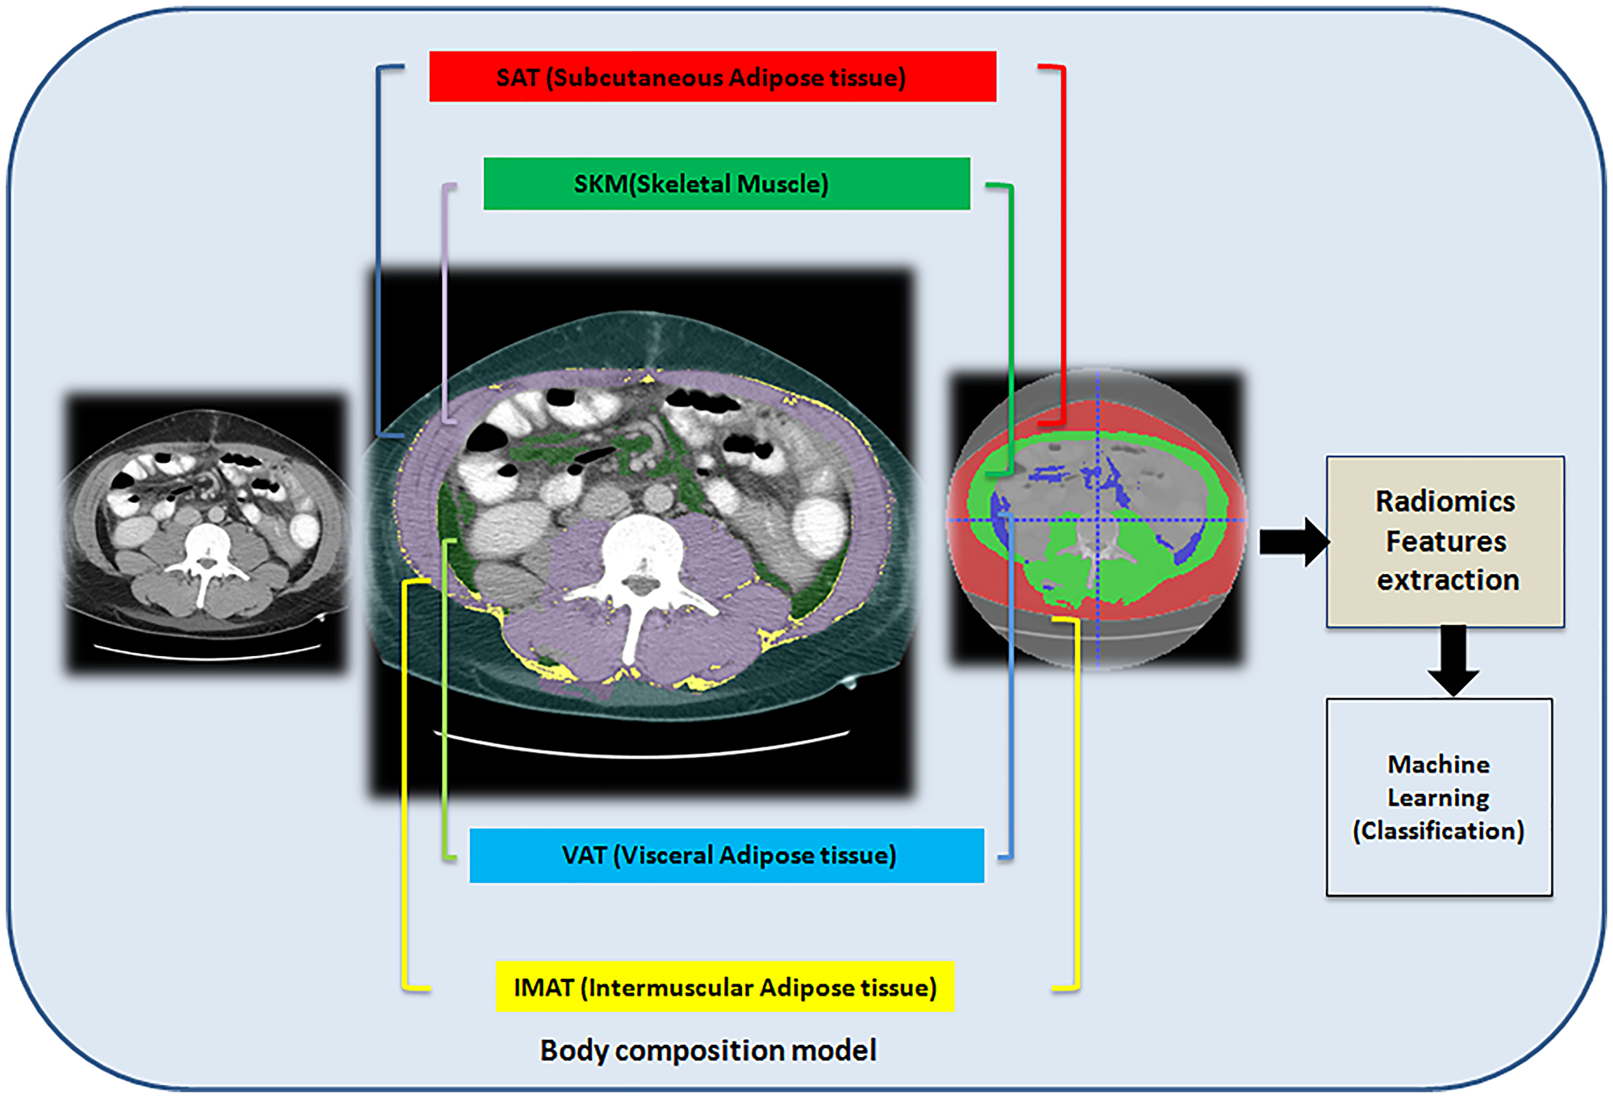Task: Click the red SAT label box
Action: click(x=712, y=77)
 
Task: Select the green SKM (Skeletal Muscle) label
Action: click(x=726, y=184)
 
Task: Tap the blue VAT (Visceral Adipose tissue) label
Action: click(x=726, y=855)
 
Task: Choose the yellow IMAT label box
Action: click(x=724, y=987)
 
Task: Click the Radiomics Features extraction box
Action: click(x=1445, y=541)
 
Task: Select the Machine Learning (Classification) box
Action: click(x=1439, y=796)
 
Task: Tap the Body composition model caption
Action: click(x=707, y=1050)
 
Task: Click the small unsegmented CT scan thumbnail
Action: click(x=206, y=532)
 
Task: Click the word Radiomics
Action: click(x=1445, y=501)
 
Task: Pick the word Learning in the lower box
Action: click(x=1438, y=797)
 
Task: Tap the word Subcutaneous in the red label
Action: click(x=638, y=77)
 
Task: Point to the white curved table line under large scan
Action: click(x=642, y=750)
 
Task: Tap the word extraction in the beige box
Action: click(x=1448, y=580)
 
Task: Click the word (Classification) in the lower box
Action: click(x=1439, y=831)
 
